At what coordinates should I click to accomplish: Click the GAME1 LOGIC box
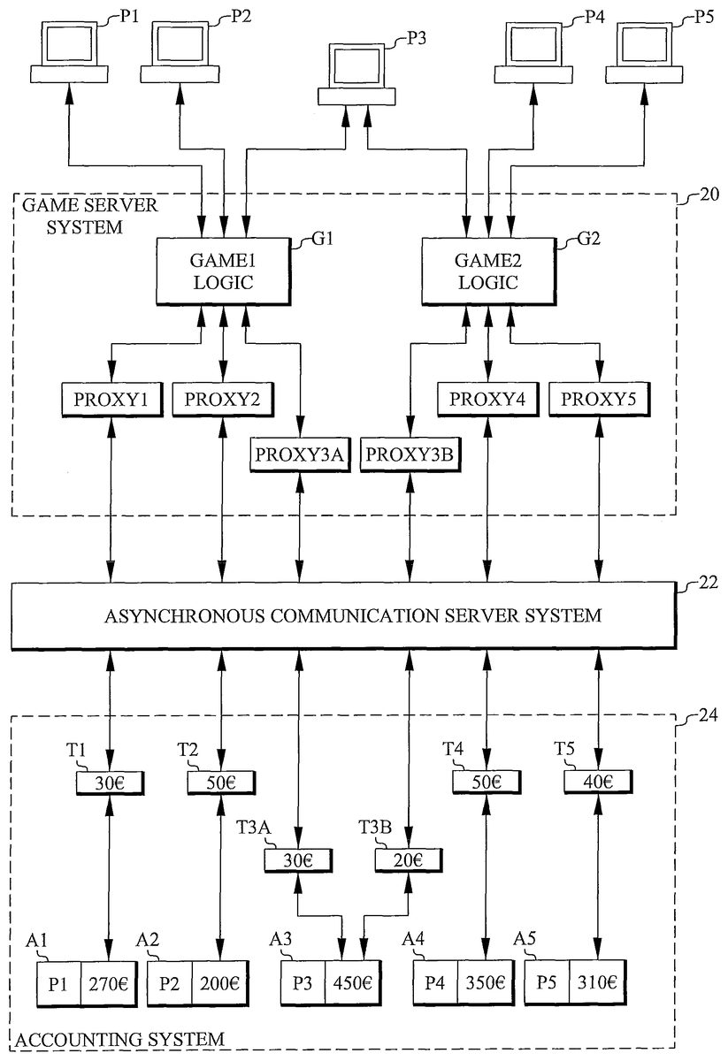click(x=223, y=271)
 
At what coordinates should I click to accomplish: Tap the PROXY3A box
click(x=302, y=455)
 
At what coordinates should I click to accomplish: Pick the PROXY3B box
click(x=409, y=455)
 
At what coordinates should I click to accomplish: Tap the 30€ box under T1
click(x=110, y=782)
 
